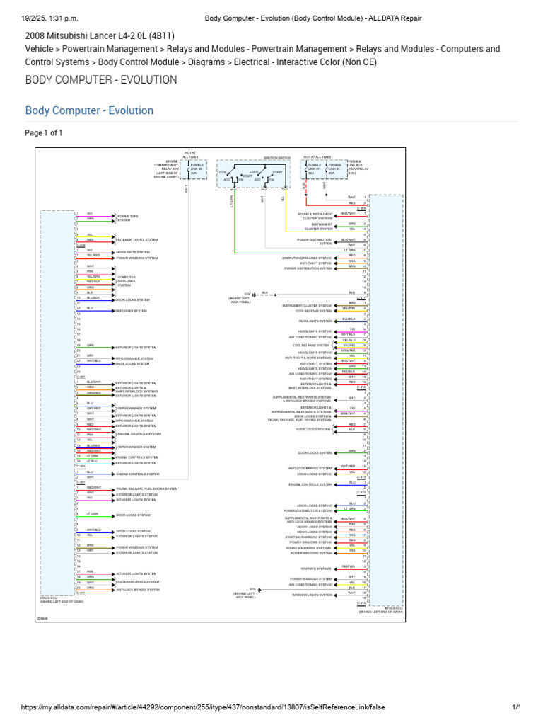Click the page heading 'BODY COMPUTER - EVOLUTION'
point(101,79)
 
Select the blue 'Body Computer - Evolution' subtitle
point(89,110)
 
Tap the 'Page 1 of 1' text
point(44,132)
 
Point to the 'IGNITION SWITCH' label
point(257,158)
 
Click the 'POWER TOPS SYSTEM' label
point(128,216)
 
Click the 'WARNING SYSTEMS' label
point(316,568)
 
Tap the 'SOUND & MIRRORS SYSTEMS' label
point(308,548)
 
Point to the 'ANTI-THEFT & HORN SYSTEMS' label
point(308,358)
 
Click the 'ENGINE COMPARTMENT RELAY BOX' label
point(167,169)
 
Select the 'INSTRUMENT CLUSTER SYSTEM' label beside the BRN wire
point(307,305)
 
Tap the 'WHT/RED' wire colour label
point(348,467)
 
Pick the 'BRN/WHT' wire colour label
point(348,413)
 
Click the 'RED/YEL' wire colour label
point(348,566)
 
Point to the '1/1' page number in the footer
point(516,707)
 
